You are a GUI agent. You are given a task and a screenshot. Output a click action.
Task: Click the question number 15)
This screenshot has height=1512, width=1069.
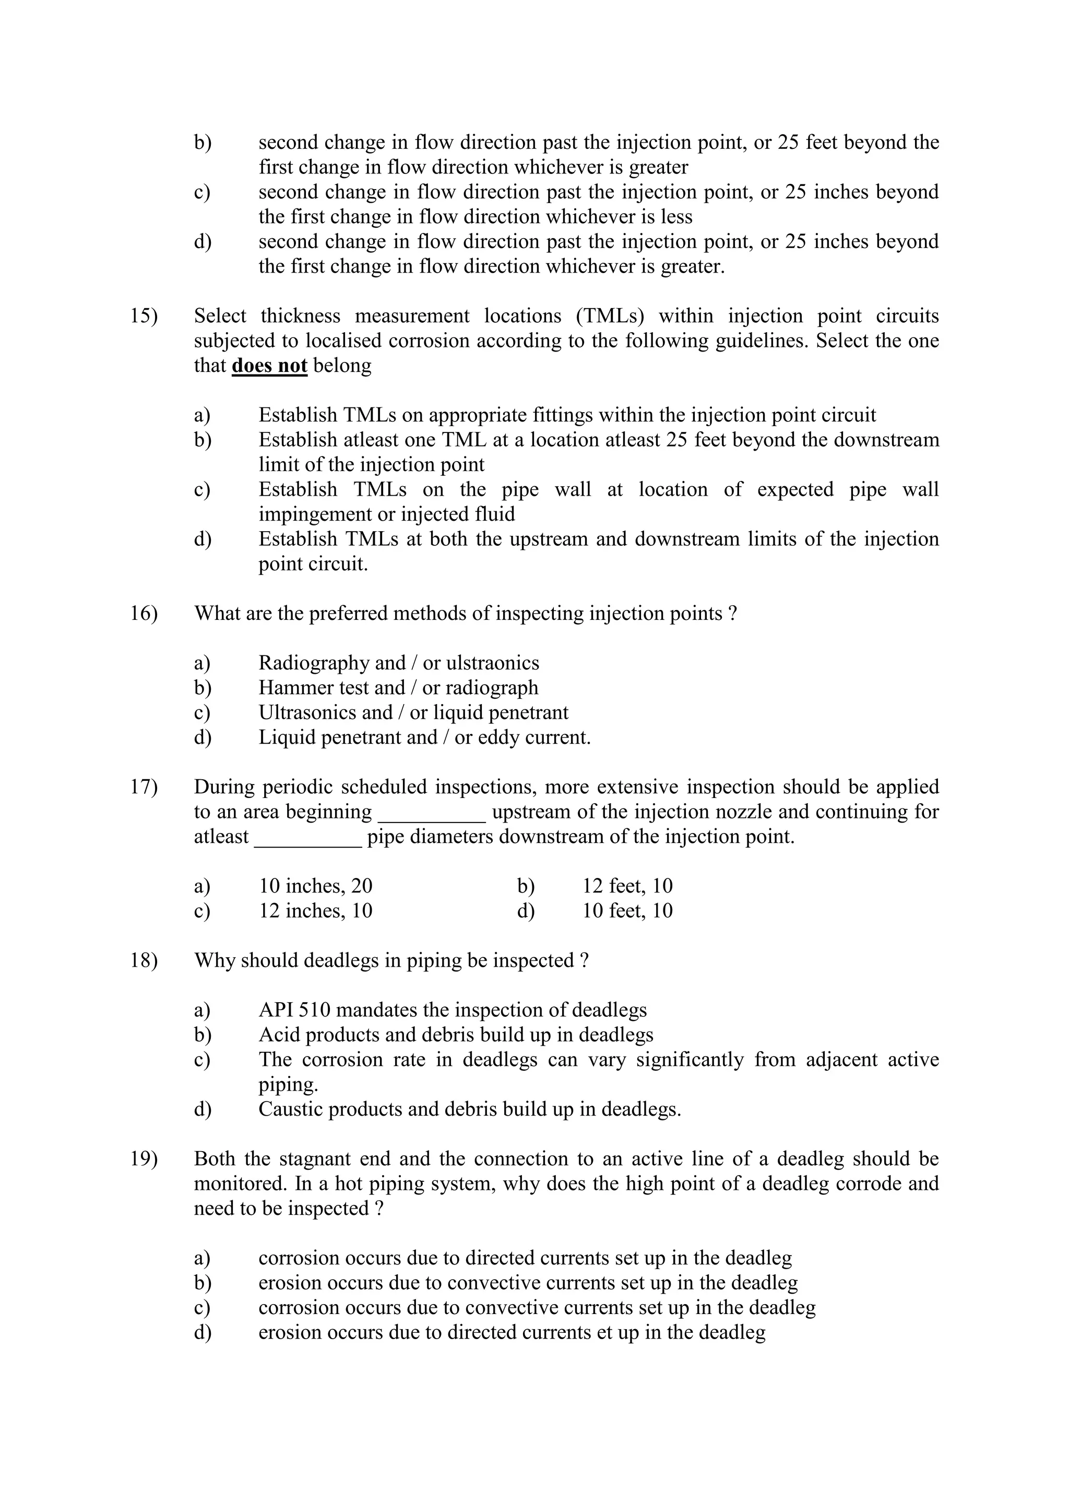coord(144,316)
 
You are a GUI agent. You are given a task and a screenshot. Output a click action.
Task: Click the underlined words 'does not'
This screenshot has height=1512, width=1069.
coord(269,366)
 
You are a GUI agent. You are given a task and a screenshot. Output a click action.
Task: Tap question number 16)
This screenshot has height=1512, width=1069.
coord(144,614)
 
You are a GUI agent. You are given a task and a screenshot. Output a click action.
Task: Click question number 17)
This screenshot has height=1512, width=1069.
coord(144,787)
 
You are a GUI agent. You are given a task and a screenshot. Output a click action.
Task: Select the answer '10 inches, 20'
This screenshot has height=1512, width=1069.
coord(315,886)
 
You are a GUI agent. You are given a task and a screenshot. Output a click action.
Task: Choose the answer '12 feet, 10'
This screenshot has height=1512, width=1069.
coord(627,886)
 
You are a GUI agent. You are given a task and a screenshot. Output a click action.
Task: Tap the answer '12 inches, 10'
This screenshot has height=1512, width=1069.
coord(315,911)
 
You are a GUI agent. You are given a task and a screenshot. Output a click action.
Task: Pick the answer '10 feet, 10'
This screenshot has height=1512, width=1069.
coord(627,911)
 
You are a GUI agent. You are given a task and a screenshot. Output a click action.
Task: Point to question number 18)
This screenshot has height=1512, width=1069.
coord(144,961)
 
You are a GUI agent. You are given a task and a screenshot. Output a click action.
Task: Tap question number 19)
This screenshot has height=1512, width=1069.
coord(144,1159)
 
